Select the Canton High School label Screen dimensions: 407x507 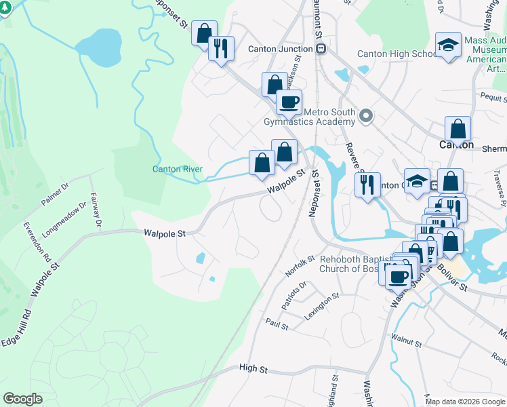(x=397, y=54)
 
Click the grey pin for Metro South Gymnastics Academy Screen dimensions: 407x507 (x=367, y=116)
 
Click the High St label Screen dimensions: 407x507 (x=254, y=368)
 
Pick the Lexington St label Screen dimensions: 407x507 (x=321, y=307)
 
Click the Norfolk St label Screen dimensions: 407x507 (x=300, y=265)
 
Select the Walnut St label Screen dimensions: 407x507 (x=406, y=336)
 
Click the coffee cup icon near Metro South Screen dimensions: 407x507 (x=288, y=102)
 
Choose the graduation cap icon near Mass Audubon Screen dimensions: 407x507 (x=448, y=45)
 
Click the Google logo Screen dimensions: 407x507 (x=23, y=399)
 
